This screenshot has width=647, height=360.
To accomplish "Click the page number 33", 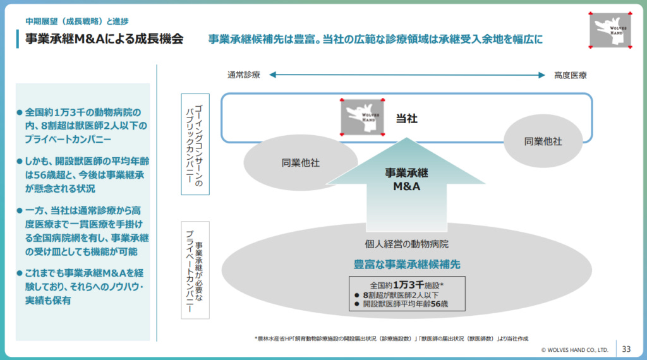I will pyautogui.click(x=626, y=349).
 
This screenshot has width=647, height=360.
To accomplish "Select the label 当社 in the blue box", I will pyautogui.click(x=406, y=118).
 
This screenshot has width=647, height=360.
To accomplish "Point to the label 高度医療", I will pyautogui.click(x=570, y=75).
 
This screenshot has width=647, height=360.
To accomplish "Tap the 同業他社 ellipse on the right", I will pyautogui.click(x=543, y=141).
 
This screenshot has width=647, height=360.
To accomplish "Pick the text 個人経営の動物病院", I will pyautogui.click(x=406, y=244).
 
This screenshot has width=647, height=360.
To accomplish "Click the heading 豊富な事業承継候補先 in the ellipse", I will pyautogui.click(x=406, y=263).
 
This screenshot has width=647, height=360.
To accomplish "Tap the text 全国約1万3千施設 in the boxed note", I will pyautogui.click(x=406, y=284).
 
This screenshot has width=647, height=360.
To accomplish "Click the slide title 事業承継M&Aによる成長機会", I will pyautogui.click(x=104, y=39).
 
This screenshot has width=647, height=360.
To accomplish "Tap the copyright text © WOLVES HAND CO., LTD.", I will pyautogui.click(x=574, y=349).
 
